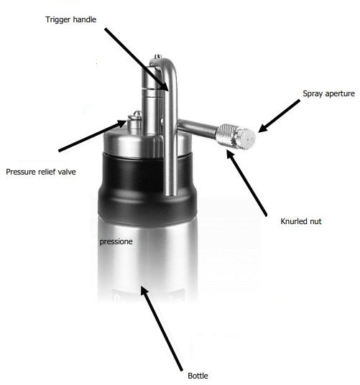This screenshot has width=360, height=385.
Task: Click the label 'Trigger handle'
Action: point(70,19)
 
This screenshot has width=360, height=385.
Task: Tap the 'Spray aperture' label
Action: point(328,93)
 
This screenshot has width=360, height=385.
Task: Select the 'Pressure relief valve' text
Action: point(41,172)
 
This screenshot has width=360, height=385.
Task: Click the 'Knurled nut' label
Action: point(301,221)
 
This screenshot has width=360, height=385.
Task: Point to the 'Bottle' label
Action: point(198,376)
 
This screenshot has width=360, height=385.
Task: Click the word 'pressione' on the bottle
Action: point(116,242)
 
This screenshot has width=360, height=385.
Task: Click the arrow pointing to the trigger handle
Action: point(137,60)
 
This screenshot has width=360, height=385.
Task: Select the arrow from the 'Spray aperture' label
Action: point(279,116)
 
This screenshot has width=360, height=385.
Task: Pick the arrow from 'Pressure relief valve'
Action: point(93,136)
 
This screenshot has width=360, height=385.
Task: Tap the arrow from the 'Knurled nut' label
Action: point(246,183)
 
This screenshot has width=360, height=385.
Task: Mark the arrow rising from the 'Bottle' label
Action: point(162,328)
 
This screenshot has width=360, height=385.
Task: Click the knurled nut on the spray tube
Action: point(224,135)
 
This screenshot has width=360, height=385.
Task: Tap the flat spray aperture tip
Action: point(246,139)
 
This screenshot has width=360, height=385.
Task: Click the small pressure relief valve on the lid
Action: point(134,122)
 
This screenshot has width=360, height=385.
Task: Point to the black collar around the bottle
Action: point(147,188)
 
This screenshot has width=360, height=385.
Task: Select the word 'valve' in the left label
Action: point(67,172)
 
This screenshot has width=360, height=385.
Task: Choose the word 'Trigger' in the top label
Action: point(58,20)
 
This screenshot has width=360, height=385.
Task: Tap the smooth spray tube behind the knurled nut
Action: point(197,126)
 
